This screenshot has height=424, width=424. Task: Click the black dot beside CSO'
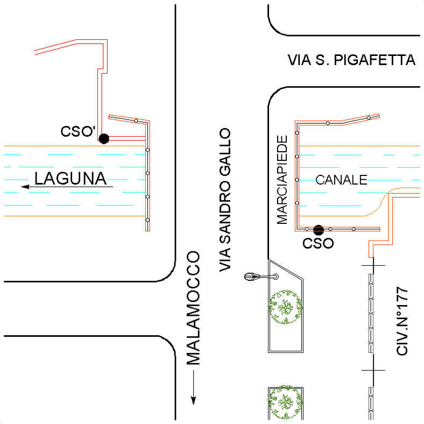(x=104, y=139)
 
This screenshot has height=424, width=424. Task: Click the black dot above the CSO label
(x=319, y=230)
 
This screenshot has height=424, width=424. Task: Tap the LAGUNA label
(x=70, y=179)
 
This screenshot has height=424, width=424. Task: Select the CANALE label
(x=342, y=180)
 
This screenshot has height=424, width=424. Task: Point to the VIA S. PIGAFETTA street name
(x=351, y=60)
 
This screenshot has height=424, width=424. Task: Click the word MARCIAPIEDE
(x=282, y=180)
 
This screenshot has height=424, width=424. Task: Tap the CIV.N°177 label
(x=402, y=321)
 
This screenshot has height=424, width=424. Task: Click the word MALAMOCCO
(x=193, y=308)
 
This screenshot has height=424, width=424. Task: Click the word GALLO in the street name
(x=225, y=152)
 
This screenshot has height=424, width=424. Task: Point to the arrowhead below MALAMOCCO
(x=193, y=400)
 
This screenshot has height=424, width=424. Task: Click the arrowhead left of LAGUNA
(x=25, y=187)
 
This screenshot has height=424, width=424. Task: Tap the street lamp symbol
(x=261, y=277)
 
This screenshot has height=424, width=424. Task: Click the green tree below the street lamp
(x=285, y=307)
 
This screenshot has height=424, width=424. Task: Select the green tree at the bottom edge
(x=285, y=402)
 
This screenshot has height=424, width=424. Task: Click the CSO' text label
(x=78, y=132)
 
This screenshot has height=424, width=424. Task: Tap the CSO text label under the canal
(x=318, y=243)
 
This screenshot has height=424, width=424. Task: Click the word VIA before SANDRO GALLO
(x=225, y=259)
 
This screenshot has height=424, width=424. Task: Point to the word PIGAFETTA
(x=374, y=60)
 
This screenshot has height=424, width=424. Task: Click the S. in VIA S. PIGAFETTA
(x=322, y=60)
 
